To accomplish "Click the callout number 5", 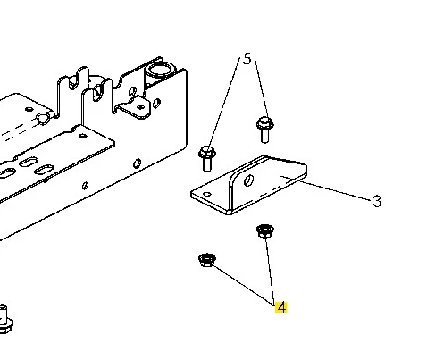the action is pos(247,59).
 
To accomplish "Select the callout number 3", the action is pos(377,201).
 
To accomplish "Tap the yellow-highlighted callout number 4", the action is pos(281,307).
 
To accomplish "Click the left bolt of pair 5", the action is pos(207,158).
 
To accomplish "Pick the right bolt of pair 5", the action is pos(264,130).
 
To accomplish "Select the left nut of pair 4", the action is pos(207,260).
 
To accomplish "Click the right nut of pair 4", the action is pos(265,231).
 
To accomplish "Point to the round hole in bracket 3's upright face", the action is pos(248,180).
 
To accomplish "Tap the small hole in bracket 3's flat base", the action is pos(207,195).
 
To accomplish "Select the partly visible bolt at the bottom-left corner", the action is pos(5,319).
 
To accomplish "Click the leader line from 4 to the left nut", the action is pos(244,285).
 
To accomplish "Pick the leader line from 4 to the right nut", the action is pos(270,270).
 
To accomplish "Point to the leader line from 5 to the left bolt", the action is pos(224,103).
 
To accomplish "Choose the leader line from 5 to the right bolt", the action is pos(261,88).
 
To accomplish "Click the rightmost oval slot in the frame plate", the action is pos(44,170).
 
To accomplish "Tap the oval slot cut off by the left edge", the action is pos(6,173).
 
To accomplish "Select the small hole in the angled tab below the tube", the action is pos(140,106).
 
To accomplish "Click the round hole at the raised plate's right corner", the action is pos(82,137).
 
